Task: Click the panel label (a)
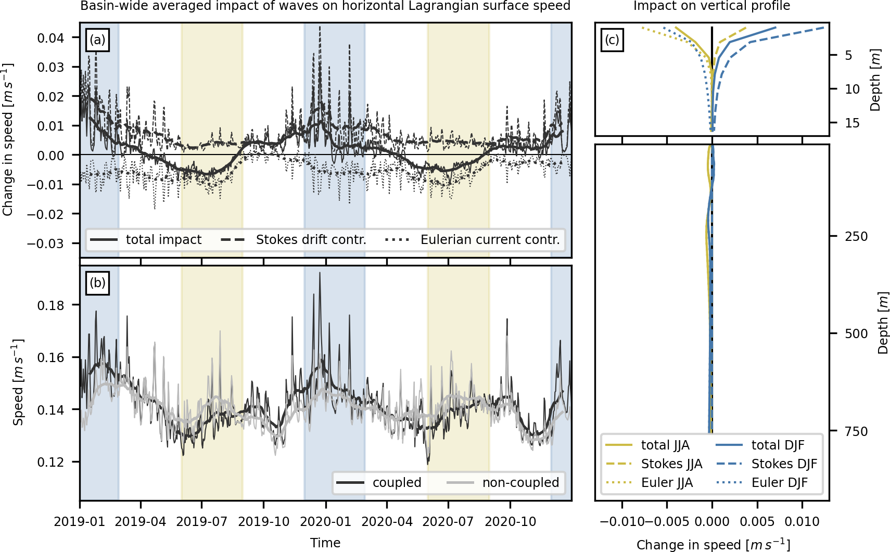tap(97, 40)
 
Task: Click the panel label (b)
tap(97, 283)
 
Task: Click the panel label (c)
tap(612, 40)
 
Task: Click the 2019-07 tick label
tap(201, 522)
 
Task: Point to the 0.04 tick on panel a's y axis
tap(50, 38)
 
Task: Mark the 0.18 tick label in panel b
tap(50, 305)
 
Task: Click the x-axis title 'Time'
tap(325, 543)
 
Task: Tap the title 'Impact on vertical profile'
tap(711, 6)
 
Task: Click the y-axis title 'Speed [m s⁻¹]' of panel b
tap(18, 382)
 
